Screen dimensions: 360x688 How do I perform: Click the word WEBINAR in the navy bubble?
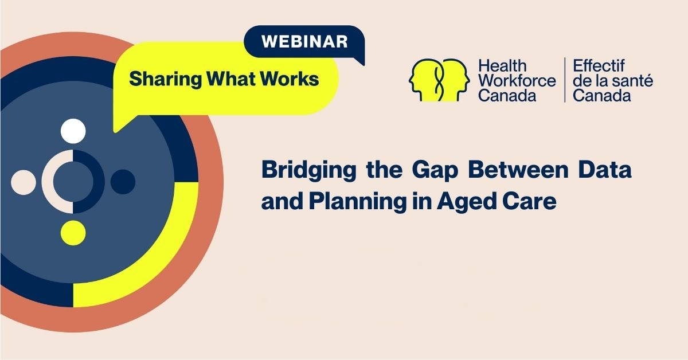[304, 42]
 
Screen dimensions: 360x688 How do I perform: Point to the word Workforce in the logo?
[517, 81]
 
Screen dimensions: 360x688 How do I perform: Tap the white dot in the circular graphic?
[73, 131]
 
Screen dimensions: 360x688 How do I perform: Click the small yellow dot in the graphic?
[73, 232]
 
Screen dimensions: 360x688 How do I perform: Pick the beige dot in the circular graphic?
[24, 182]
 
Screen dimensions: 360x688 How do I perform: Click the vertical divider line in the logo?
[565, 80]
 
